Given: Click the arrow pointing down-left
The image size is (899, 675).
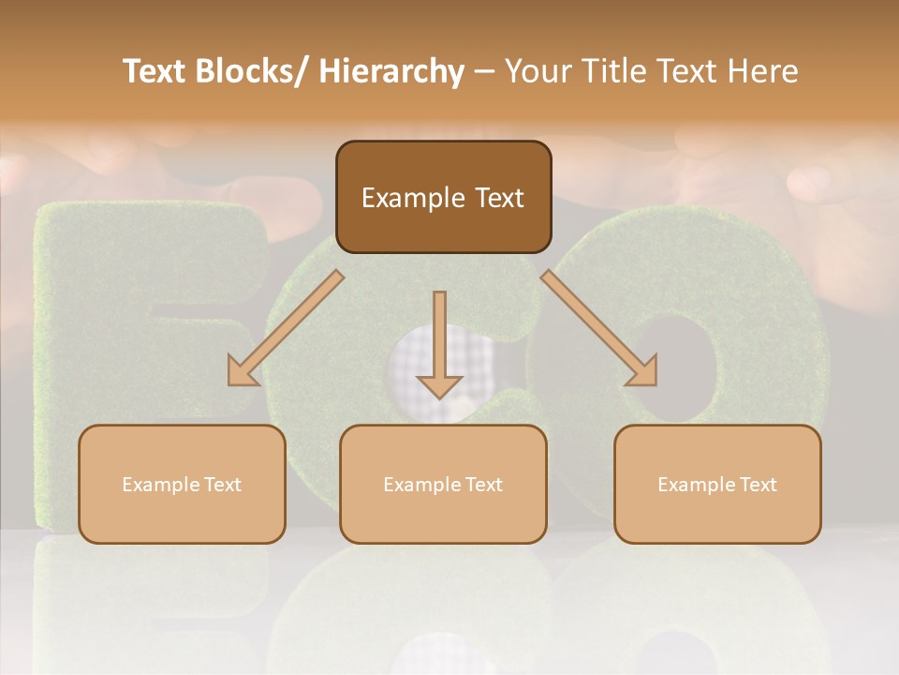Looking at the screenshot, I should point(286,328).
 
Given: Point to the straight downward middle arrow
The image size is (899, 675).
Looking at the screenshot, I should point(439,342).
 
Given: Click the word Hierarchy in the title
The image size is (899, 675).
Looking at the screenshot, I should point(391,71).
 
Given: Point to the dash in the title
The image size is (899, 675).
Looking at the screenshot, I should point(484,72).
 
